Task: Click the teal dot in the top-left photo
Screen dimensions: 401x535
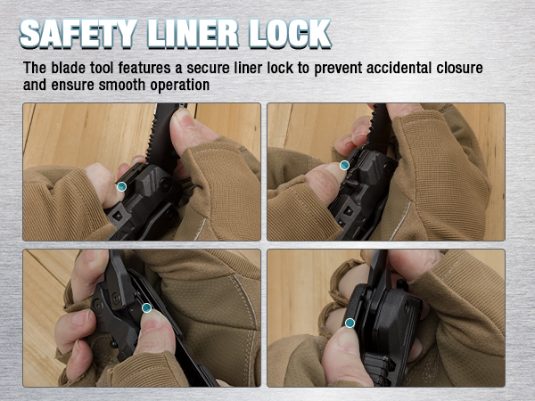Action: (x=121, y=186)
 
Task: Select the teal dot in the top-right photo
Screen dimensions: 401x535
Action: (x=344, y=165)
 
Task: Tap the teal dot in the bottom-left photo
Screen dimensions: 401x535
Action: (x=146, y=309)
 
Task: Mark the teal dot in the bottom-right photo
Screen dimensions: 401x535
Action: (x=350, y=323)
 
